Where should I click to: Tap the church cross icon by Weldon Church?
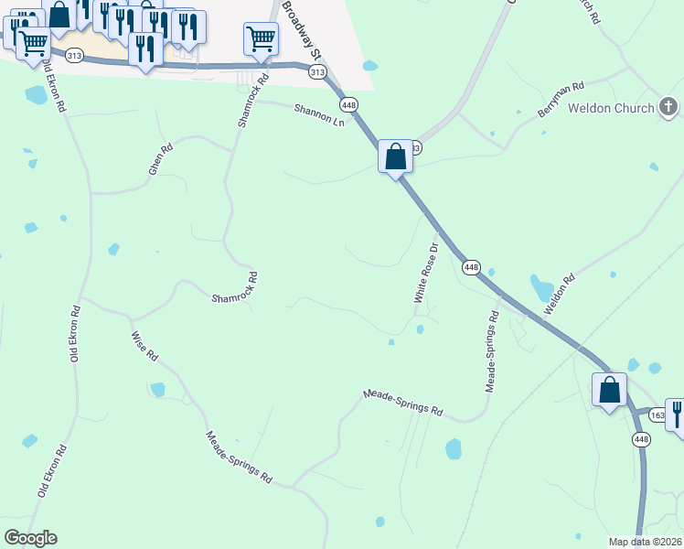coord(669,108)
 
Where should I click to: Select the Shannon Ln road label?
coord(319,115)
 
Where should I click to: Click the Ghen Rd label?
coord(160,159)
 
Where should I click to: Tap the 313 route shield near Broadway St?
coord(316,71)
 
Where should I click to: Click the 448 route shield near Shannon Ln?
coord(348,104)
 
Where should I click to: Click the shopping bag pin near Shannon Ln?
coord(395,156)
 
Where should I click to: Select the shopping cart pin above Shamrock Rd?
coord(261,39)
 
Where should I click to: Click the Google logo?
coord(30,538)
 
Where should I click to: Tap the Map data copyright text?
coord(646,542)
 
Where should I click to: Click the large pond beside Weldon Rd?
coord(542,289)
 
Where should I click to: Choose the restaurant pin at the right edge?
coord(677,414)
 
